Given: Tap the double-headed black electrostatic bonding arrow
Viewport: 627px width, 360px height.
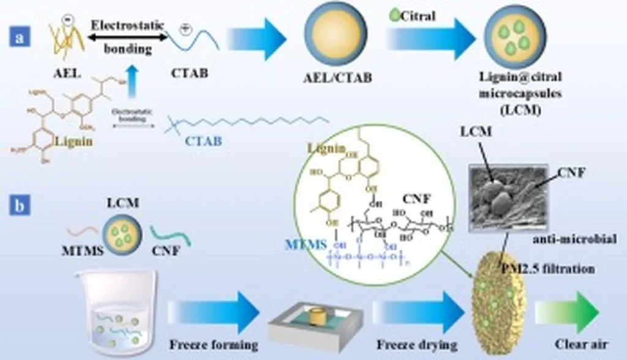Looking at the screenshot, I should coord(129,37).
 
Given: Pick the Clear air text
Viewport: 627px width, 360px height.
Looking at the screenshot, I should coord(576,343).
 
